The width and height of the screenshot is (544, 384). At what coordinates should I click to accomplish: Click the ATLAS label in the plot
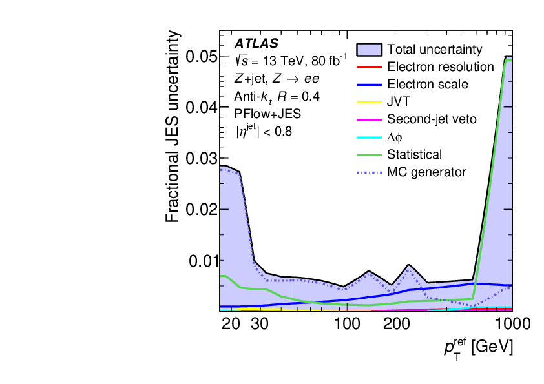(x=256, y=45)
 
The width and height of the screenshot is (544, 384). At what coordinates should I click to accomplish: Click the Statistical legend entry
(x=414, y=154)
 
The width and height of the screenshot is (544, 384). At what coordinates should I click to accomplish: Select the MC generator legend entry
(x=426, y=172)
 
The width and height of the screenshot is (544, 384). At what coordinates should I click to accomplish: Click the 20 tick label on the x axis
(x=231, y=323)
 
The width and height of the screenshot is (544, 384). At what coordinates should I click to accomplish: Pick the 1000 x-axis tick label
(x=497, y=323)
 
